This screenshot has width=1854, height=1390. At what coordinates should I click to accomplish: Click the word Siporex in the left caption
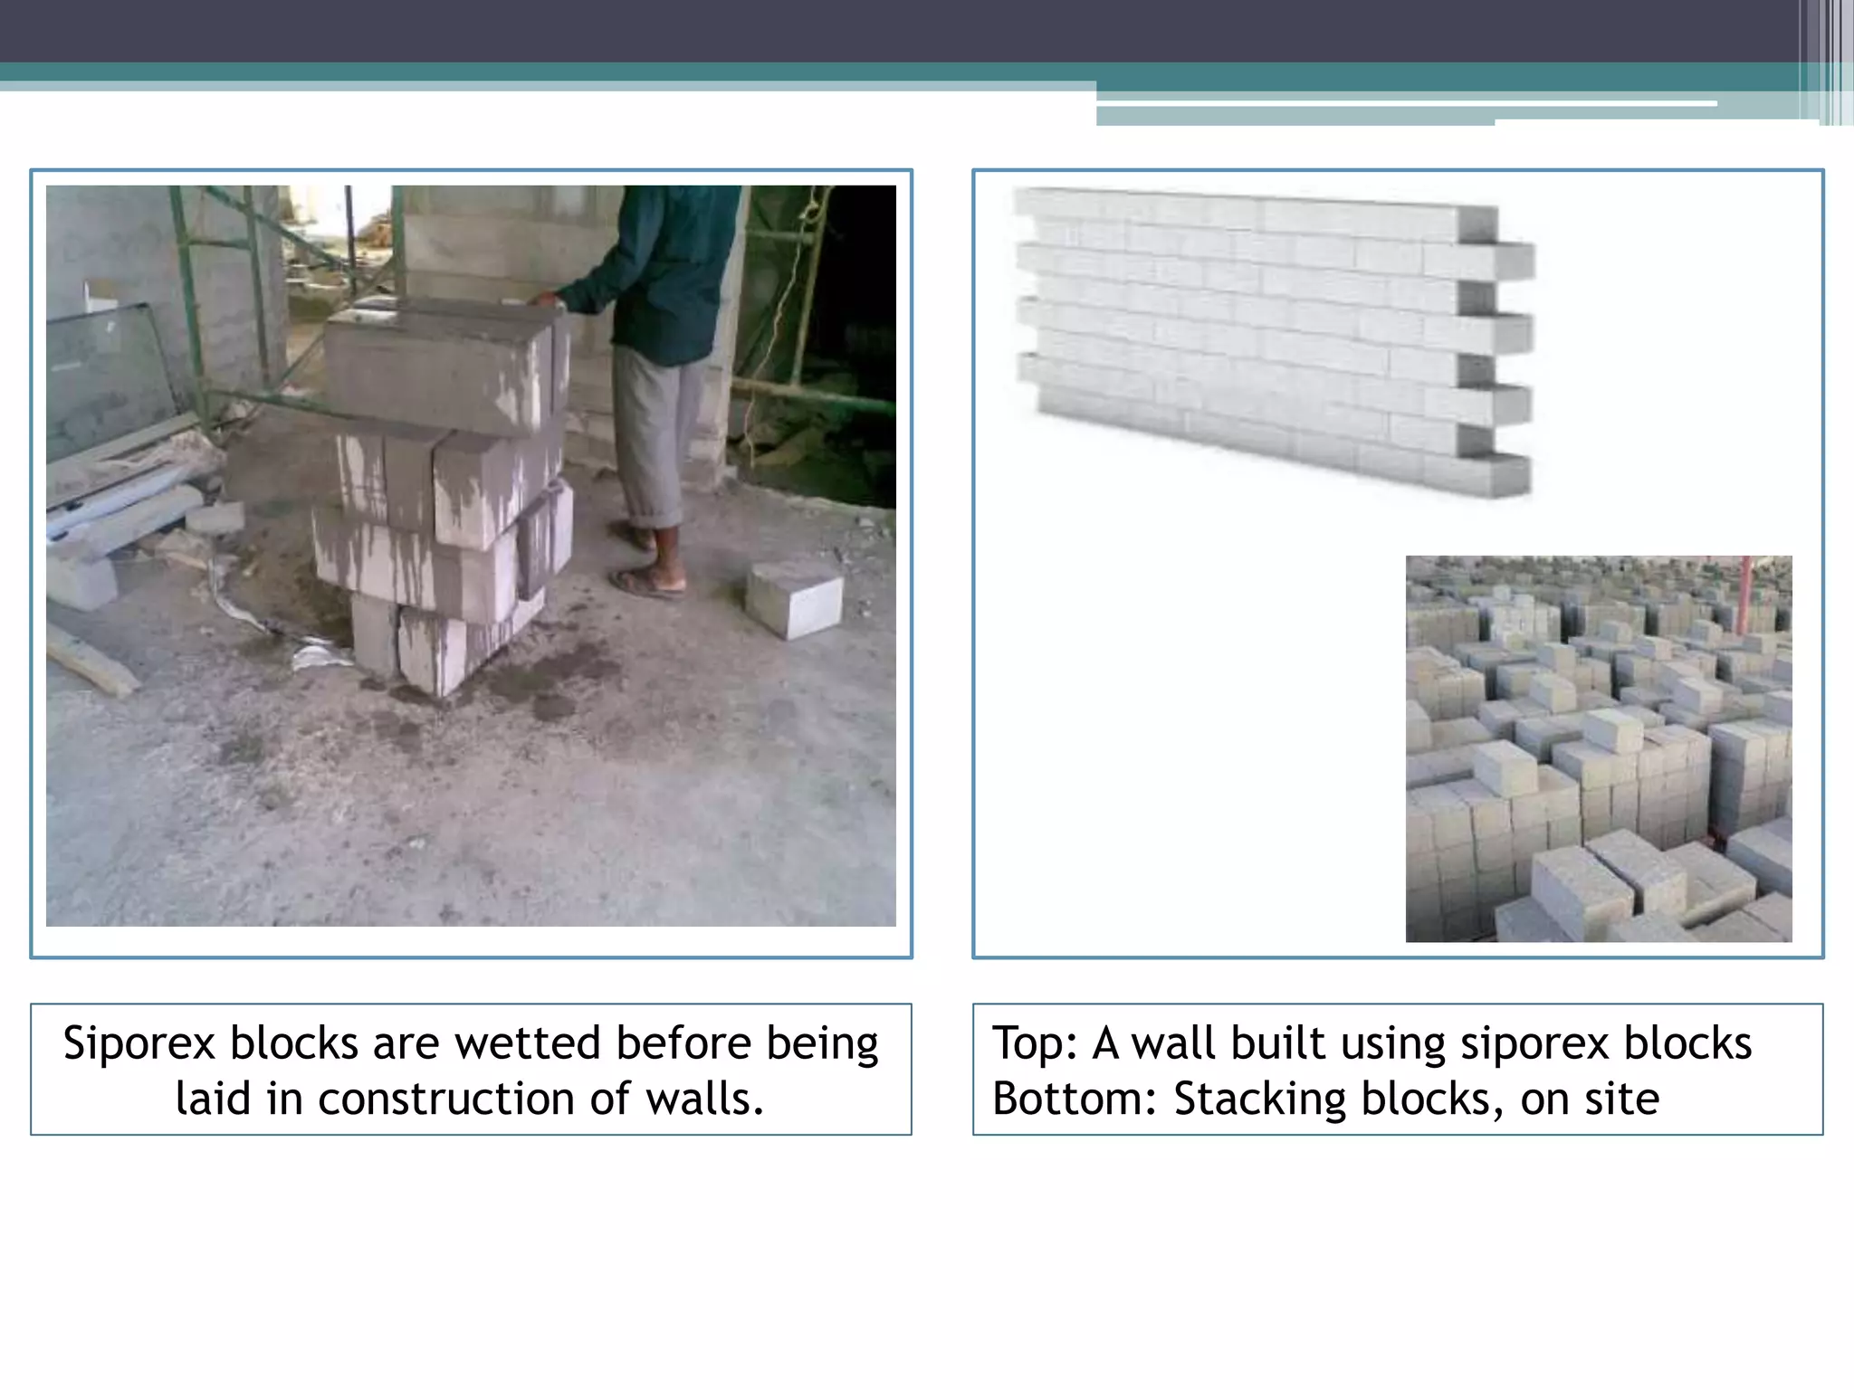click(x=139, y=1043)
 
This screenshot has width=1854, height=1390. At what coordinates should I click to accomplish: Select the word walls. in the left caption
click(x=705, y=1099)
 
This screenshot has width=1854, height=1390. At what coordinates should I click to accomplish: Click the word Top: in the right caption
click(x=1035, y=1043)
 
